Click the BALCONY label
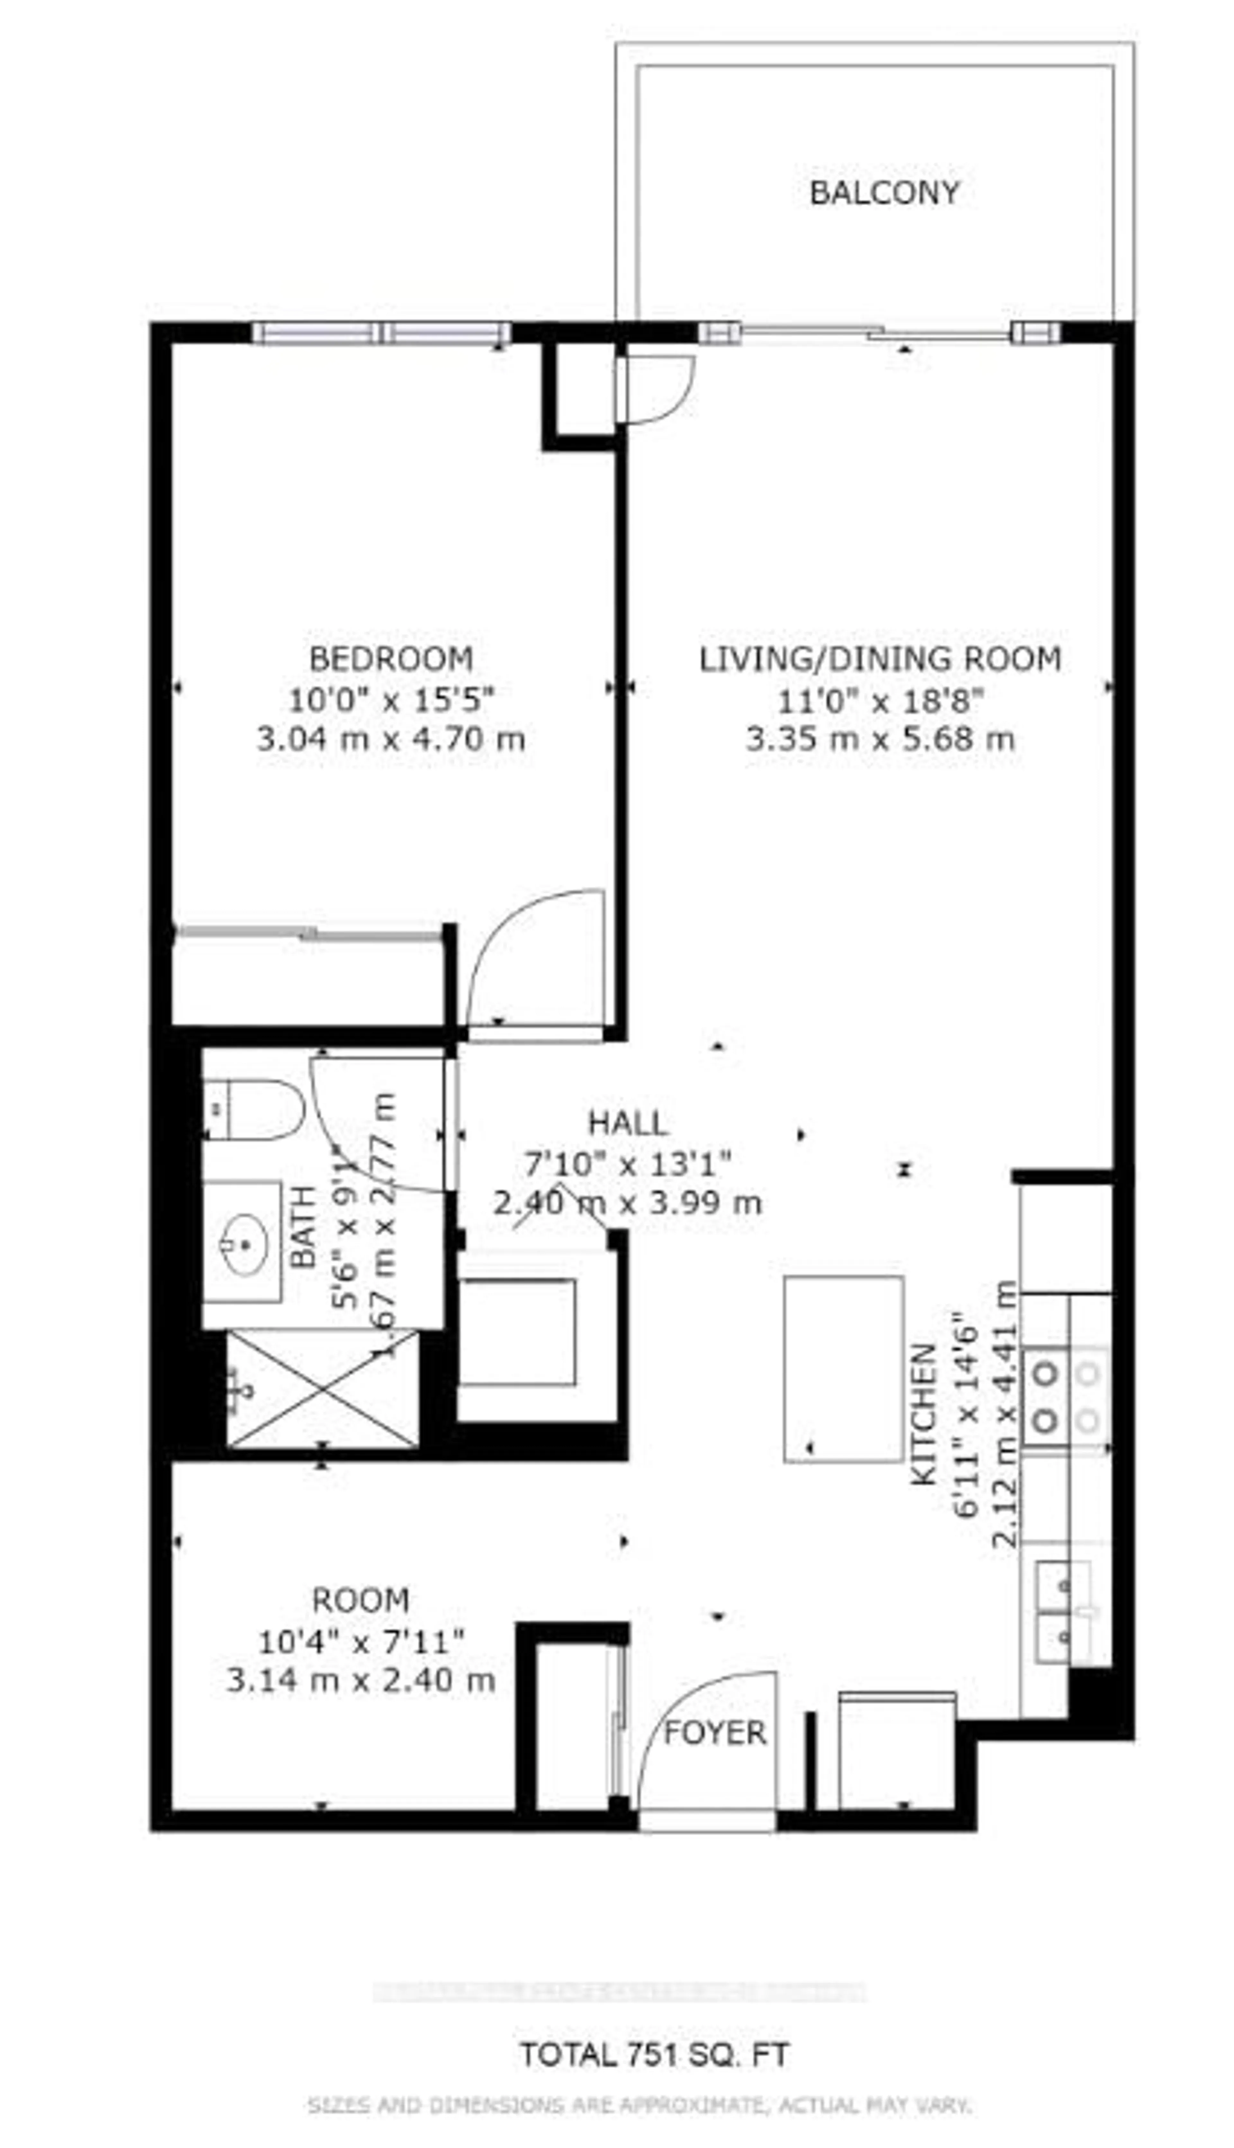[884, 193]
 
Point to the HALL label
[628, 1123]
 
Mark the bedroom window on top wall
[381, 333]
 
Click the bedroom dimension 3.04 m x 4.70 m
[391, 739]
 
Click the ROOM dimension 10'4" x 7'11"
[361, 1641]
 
